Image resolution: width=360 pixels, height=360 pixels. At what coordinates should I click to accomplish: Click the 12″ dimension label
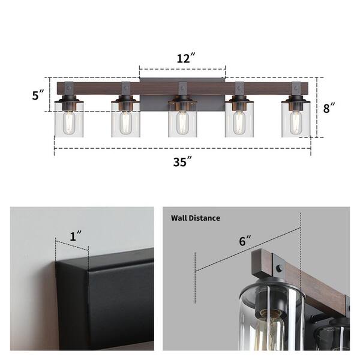coord(186,58)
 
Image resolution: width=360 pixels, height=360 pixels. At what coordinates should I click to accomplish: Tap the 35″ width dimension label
coord(182,161)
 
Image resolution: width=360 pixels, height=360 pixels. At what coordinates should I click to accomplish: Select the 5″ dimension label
coord(38,95)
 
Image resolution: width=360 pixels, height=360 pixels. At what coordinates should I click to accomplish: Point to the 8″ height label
coord(329,108)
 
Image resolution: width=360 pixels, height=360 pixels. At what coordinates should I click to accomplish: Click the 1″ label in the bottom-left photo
coord(76,236)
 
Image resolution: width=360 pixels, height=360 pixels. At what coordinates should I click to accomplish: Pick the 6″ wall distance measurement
coord(245,241)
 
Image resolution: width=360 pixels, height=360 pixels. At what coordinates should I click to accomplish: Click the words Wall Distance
coord(196,218)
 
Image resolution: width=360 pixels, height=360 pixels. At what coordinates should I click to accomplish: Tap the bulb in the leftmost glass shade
coord(69,122)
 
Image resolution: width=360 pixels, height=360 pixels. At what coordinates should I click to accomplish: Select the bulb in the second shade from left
coord(125,122)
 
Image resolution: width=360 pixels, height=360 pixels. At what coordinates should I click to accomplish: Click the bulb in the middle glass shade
coord(182,122)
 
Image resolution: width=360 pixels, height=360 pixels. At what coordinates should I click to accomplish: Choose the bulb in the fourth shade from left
coord(239,122)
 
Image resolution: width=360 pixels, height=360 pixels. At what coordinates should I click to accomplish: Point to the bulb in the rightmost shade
coord(296,122)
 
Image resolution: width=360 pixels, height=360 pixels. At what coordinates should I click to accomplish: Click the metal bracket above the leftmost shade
coord(69,89)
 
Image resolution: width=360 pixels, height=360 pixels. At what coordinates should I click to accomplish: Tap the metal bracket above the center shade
coord(182,89)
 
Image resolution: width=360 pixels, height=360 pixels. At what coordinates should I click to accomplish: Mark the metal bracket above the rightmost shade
coord(296,89)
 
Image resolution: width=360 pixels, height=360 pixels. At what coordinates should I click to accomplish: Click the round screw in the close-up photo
coord(280,268)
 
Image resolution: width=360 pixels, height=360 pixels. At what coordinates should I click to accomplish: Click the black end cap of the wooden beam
coord(262,263)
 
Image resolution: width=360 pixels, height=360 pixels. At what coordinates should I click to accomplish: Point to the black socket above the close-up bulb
coord(271,301)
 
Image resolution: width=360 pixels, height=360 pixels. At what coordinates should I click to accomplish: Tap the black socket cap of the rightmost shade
coord(296,101)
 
